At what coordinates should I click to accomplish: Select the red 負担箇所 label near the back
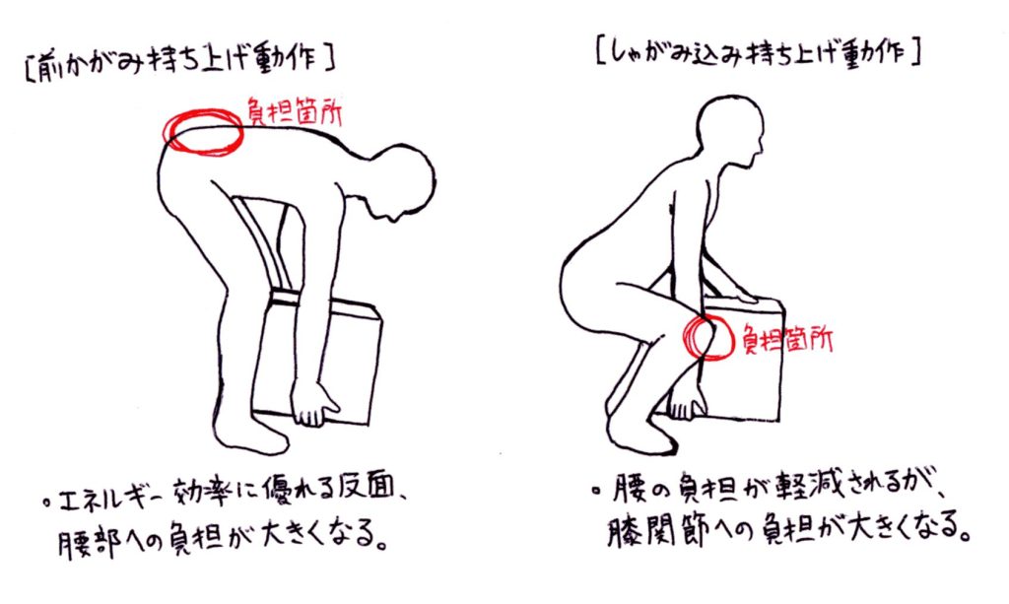tap(295, 112)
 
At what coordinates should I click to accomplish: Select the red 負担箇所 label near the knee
tap(786, 338)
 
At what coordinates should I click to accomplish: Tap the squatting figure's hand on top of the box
tap(738, 294)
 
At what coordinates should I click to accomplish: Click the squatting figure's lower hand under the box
tap(688, 401)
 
